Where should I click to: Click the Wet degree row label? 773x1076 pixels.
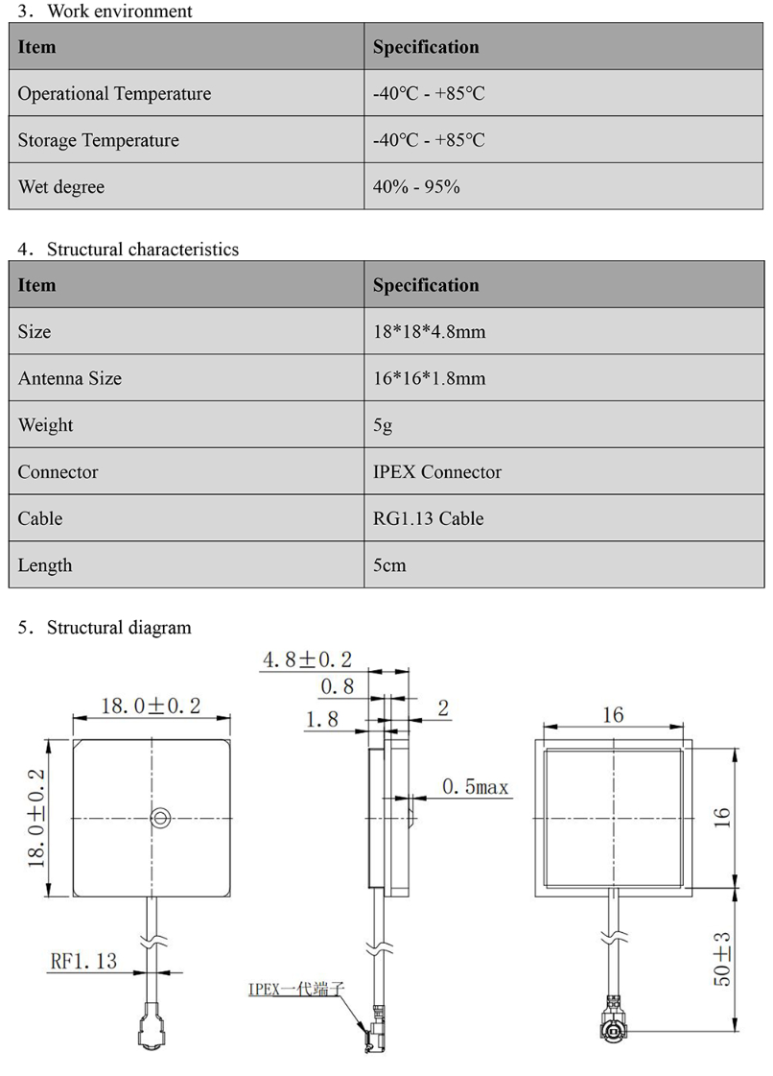(61, 187)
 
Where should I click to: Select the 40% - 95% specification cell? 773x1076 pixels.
(416, 187)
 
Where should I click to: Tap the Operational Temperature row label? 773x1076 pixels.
(114, 94)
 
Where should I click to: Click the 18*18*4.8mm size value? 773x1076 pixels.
(429, 332)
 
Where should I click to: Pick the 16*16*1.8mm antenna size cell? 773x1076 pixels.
(429, 379)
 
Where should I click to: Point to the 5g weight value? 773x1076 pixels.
(383, 425)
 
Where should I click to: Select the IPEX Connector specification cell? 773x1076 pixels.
(436, 472)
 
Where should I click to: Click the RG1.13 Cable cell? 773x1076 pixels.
(428, 518)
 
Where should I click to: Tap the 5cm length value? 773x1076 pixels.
(389, 565)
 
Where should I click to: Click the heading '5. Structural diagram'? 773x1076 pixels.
(105, 628)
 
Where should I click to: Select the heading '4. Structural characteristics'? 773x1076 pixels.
(129, 250)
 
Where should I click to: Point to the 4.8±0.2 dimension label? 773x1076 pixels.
(307, 659)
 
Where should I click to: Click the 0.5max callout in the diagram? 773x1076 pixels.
(475, 787)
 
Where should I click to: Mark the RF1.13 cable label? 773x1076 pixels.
(83, 960)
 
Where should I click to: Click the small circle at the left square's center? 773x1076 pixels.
(161, 817)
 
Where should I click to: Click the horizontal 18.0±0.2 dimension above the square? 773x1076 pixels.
(151, 706)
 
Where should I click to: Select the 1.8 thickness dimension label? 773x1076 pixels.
(321, 718)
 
